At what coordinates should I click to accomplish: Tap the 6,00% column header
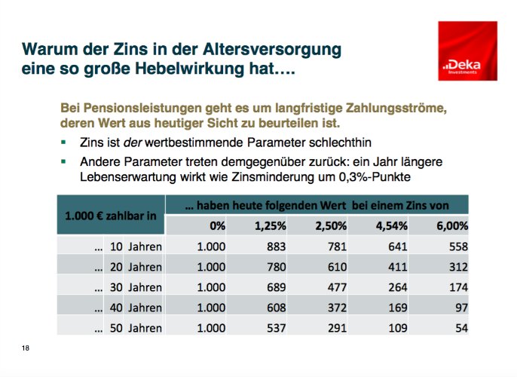pyautogui.click(x=452, y=225)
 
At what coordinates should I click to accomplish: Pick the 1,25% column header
pyautogui.click(x=271, y=225)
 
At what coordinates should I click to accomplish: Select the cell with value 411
pyautogui.click(x=396, y=267)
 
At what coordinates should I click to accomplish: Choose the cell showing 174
pyautogui.click(x=457, y=287)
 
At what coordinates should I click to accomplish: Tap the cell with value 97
pyautogui.click(x=460, y=308)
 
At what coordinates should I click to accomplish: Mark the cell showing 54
pyautogui.click(x=460, y=328)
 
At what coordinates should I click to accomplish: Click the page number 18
pyautogui.click(x=26, y=347)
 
